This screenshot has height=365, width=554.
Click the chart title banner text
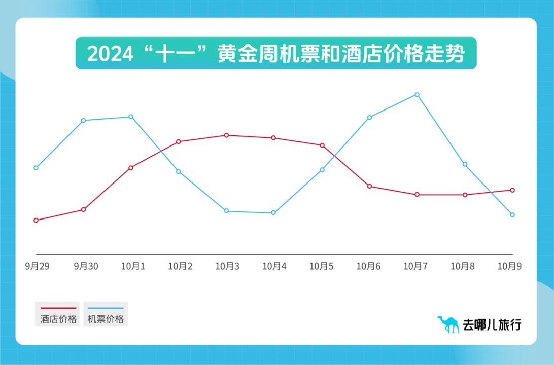pos(276,54)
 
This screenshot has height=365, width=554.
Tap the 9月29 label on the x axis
pos(37,266)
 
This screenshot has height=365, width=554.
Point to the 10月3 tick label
pos(227,266)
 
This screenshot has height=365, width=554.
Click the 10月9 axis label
pos(509,266)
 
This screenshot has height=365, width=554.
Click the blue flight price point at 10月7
pos(417,95)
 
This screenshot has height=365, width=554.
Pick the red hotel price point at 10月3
pos(226,135)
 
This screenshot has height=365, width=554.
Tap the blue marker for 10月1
pos(131,117)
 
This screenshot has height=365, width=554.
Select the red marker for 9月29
pos(36,220)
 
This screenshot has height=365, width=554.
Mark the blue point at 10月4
pos(273,213)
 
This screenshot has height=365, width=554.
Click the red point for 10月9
pos(512,190)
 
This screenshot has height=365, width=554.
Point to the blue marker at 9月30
pos(83,120)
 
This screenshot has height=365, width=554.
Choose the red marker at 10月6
pos(369,186)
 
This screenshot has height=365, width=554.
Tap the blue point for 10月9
pos(512,215)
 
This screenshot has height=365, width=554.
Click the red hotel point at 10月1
pos(131,167)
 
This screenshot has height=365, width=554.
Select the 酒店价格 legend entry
pos(58,315)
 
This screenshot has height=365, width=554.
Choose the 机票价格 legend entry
pos(106,315)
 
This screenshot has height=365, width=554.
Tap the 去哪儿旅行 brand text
pos(492,325)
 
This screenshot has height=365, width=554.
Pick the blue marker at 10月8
pos(465,164)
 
